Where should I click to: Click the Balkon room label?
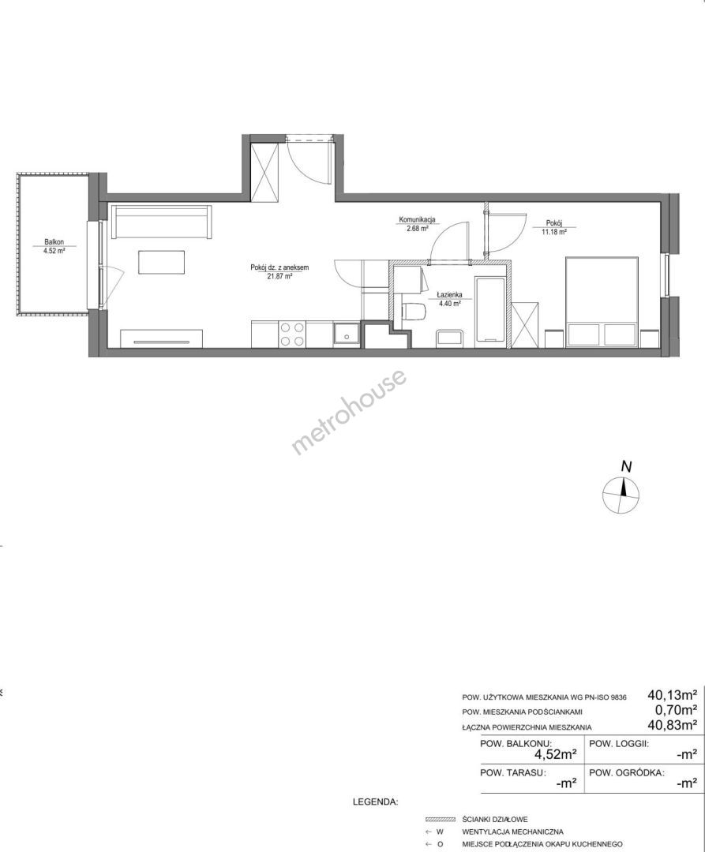click(x=54, y=242)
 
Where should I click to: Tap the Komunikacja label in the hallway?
click(x=417, y=220)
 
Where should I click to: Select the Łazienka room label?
click(x=449, y=295)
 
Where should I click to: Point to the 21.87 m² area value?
click(x=280, y=276)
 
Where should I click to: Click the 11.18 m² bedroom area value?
click(x=554, y=231)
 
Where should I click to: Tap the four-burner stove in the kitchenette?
click(x=292, y=334)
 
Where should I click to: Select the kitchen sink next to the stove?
click(x=346, y=334)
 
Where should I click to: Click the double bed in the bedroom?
click(x=602, y=303)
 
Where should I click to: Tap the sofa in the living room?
click(x=161, y=222)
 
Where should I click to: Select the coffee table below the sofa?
click(x=161, y=262)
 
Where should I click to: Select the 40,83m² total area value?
click(x=673, y=723)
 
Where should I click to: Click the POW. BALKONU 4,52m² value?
click(x=555, y=754)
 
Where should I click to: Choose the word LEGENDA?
click(x=376, y=802)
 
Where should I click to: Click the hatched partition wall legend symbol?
click(x=440, y=820)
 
